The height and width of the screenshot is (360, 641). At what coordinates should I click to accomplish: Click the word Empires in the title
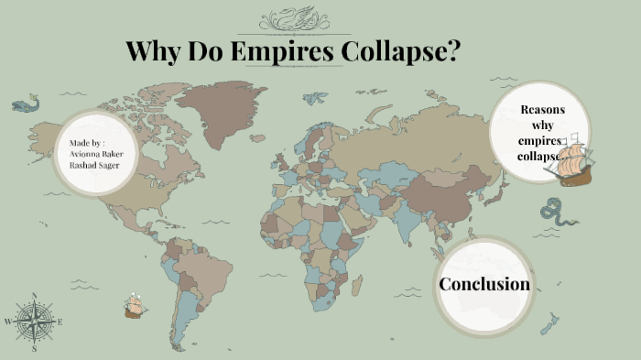(x=283, y=51)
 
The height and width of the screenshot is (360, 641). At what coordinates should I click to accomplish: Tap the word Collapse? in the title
(x=400, y=51)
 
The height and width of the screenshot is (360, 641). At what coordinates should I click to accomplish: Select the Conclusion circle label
(x=484, y=284)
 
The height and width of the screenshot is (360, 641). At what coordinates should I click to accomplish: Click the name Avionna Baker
(x=95, y=155)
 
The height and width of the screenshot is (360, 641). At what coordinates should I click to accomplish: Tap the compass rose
(x=34, y=322)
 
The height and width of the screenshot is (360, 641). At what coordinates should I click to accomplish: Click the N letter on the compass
(x=34, y=296)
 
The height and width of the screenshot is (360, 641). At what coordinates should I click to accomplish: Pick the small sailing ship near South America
(x=135, y=305)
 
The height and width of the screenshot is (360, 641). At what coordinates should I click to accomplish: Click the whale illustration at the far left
(x=26, y=104)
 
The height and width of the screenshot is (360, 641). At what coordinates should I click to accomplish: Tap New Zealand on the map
(x=549, y=322)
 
